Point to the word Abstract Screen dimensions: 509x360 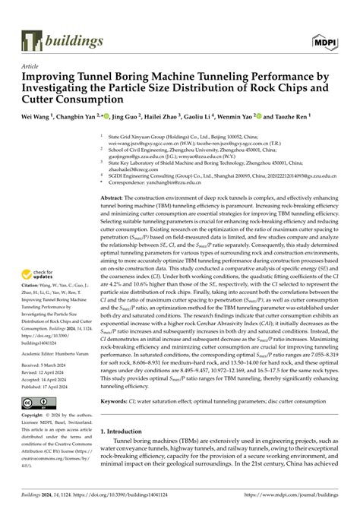115,197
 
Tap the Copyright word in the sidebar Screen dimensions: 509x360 38,395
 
